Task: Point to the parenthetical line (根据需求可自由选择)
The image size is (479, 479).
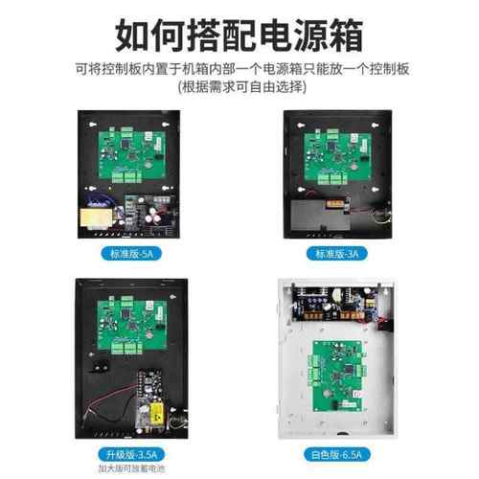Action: click(239, 87)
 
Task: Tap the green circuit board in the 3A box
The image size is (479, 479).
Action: click(340, 153)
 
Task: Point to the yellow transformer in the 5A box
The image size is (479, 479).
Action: click(99, 214)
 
